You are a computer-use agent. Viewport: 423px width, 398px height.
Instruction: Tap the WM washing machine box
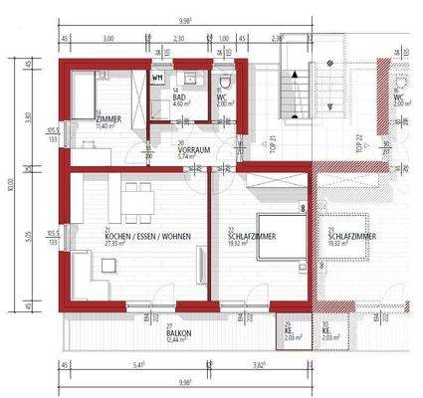[x=158, y=76]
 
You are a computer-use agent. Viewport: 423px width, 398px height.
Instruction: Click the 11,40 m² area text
[x=106, y=126]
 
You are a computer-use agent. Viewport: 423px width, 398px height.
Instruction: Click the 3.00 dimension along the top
[x=106, y=37]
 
